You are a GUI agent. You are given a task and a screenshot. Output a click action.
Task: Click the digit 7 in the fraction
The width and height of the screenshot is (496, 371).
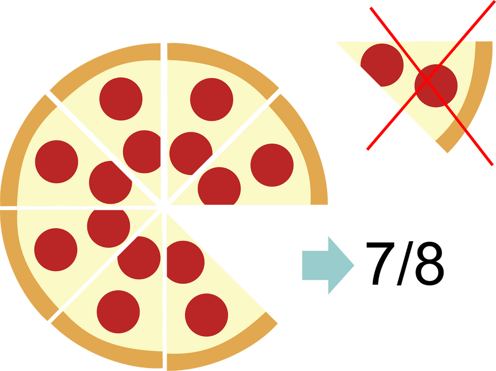pos(380,263)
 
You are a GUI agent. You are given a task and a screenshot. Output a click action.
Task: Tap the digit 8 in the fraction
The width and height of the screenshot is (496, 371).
pos(429,263)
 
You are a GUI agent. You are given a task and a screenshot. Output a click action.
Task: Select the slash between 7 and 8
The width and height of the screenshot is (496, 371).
pos(405,263)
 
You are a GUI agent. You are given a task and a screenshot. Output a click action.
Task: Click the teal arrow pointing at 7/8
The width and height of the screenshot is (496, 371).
pos(328,265)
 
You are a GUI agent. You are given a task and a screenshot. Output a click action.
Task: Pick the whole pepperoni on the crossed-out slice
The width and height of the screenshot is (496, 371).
pos(436,86)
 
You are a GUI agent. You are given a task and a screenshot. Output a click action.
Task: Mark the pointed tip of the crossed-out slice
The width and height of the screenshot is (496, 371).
pos(337,42)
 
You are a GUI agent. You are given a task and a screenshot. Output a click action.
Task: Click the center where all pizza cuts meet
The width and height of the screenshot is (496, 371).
pos(164,207)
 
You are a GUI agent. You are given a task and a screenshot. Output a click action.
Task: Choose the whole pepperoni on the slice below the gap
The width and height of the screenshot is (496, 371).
pos(206,315)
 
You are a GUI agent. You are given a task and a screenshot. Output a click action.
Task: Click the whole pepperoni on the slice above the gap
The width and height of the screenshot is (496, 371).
pos(272,165)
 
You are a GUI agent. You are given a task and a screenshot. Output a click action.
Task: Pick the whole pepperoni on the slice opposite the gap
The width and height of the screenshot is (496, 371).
pos(57,162)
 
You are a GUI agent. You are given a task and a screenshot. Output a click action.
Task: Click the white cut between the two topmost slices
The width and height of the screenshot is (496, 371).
pos(164,124)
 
